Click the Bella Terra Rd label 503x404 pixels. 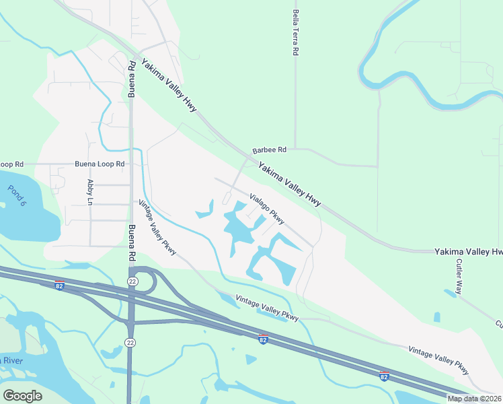tap(295, 33)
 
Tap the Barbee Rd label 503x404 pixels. tap(269, 149)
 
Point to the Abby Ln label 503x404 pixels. tap(89, 192)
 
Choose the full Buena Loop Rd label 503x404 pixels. tap(100, 164)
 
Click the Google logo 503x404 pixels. tap(22, 395)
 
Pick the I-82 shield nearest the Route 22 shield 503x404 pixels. tap(59, 285)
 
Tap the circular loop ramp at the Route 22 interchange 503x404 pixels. tap(147, 281)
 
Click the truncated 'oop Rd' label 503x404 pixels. tap(12, 164)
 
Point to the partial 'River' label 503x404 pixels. tap(12, 361)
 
